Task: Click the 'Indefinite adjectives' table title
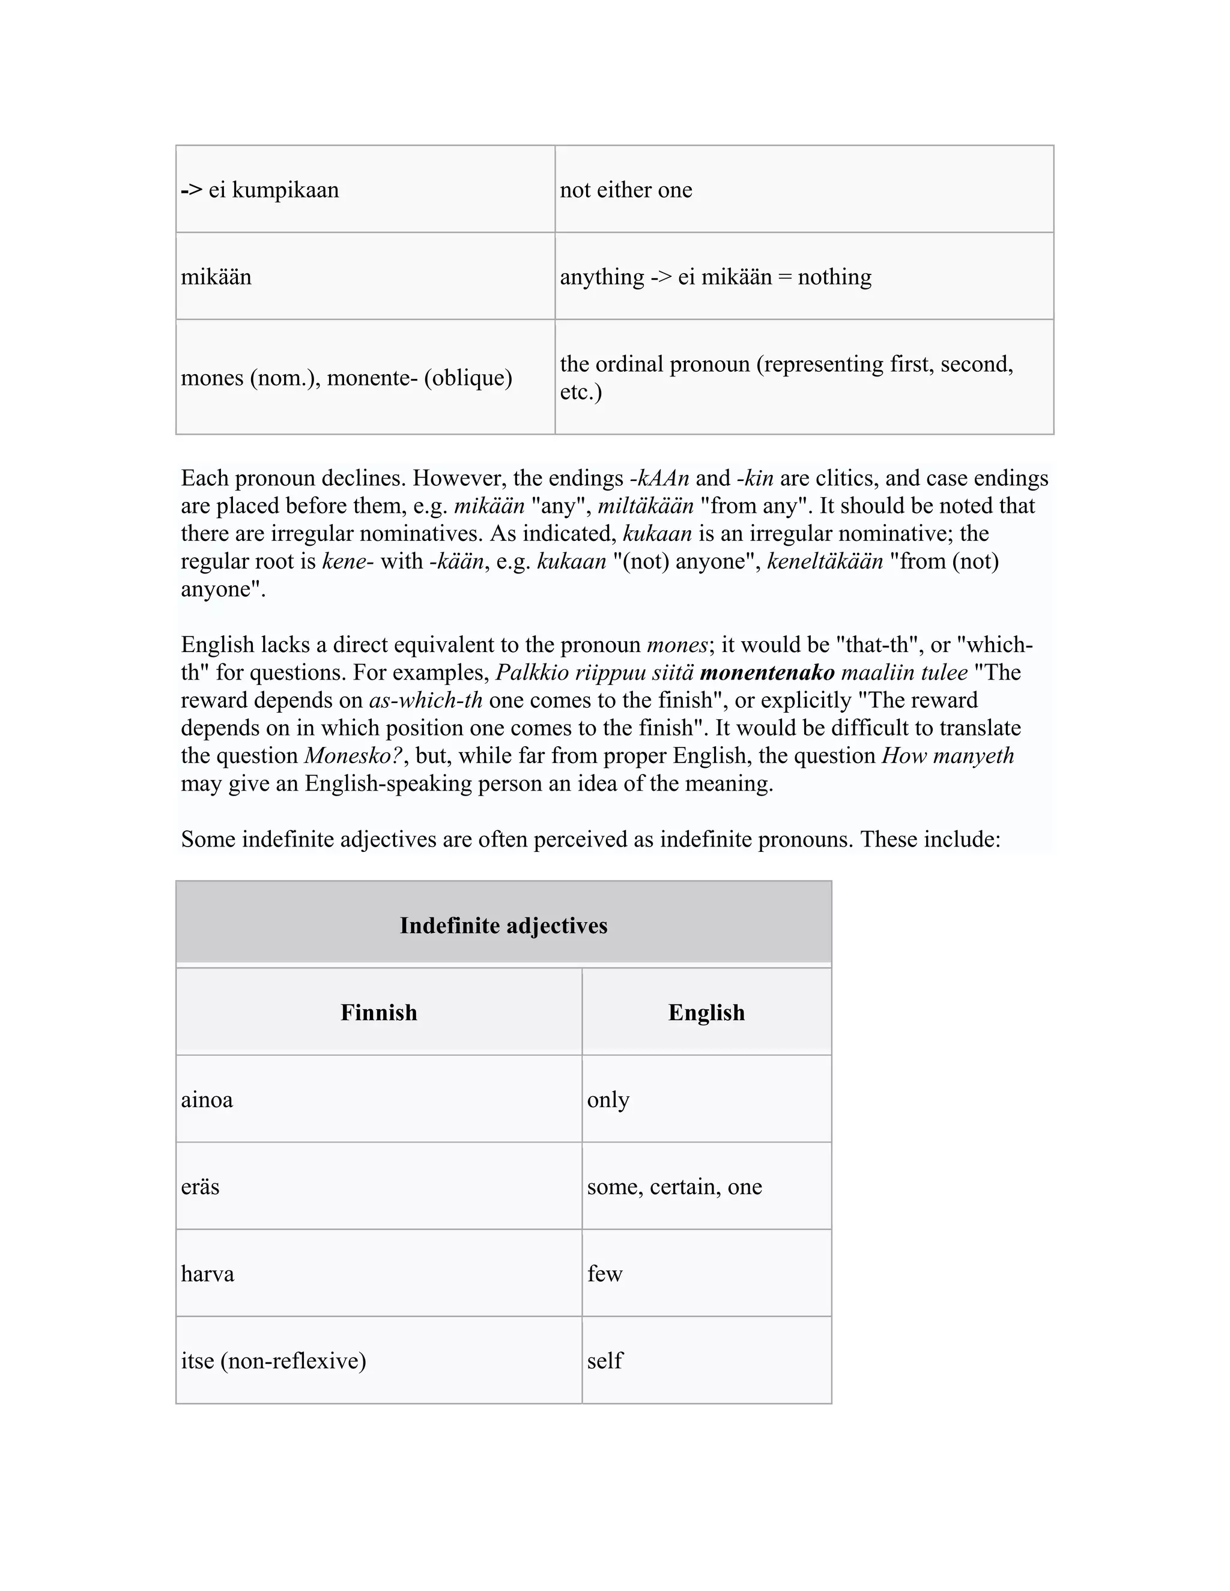click(503, 925)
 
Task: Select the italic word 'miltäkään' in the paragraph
click(646, 506)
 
